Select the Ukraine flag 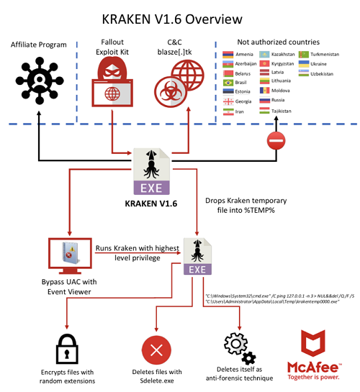(305, 63)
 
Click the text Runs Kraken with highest (137, 247)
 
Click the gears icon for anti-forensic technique (240, 348)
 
